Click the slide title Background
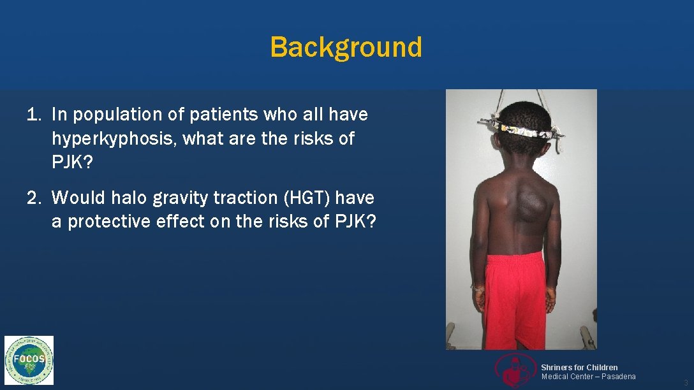(x=346, y=47)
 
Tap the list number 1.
(x=33, y=115)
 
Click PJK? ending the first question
(x=72, y=162)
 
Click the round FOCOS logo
(x=29, y=360)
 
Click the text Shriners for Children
(x=579, y=368)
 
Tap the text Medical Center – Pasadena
(x=588, y=377)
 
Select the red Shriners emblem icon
(x=516, y=370)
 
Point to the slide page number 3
(x=686, y=382)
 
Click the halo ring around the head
(x=522, y=130)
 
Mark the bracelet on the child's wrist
(x=477, y=289)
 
